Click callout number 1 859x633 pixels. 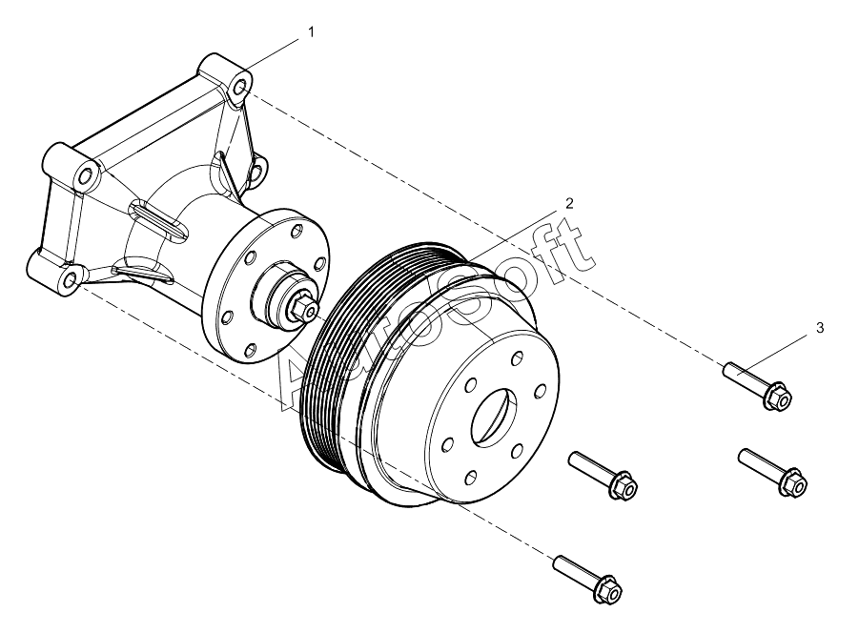[x=311, y=32]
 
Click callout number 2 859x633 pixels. [x=569, y=204]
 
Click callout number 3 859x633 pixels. [x=820, y=328]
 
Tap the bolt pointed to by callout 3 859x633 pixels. [x=757, y=386]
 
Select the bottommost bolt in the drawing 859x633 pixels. [x=588, y=579]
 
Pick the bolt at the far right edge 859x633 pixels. [x=772, y=473]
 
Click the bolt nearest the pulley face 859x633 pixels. [x=603, y=475]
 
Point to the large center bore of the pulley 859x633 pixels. [x=494, y=419]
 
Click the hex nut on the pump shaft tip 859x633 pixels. [x=304, y=308]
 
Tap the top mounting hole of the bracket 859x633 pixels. [x=240, y=88]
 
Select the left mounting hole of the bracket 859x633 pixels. [x=85, y=176]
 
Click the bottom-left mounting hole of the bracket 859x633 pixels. [x=71, y=280]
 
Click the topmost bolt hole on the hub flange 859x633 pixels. [x=297, y=231]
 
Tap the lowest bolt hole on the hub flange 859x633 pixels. [x=250, y=349]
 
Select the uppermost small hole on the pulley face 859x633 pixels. [x=516, y=359]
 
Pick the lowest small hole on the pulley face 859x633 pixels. [x=470, y=478]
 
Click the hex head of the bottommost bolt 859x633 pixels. [x=608, y=590]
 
